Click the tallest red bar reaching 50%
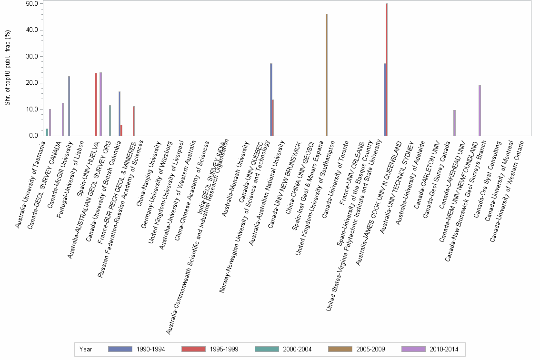click(x=387, y=70)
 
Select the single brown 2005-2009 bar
click(x=327, y=75)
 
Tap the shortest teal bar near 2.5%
click(x=47, y=132)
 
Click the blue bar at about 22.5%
click(x=69, y=106)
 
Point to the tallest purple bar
click(x=100, y=104)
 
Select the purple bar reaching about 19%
click(x=480, y=110)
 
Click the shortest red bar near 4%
click(x=121, y=130)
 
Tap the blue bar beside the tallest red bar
click(x=384, y=100)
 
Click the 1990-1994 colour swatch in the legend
click(x=120, y=349)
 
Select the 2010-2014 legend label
click(x=444, y=350)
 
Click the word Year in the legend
click(x=86, y=350)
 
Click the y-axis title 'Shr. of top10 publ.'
click(x=7, y=67)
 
